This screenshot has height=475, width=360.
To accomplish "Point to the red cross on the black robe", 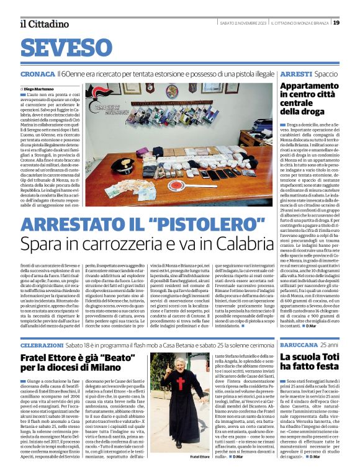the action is pyautogui.click(x=181, y=384).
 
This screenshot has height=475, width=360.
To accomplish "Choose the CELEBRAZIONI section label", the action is pyautogui.click(x=42, y=327).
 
